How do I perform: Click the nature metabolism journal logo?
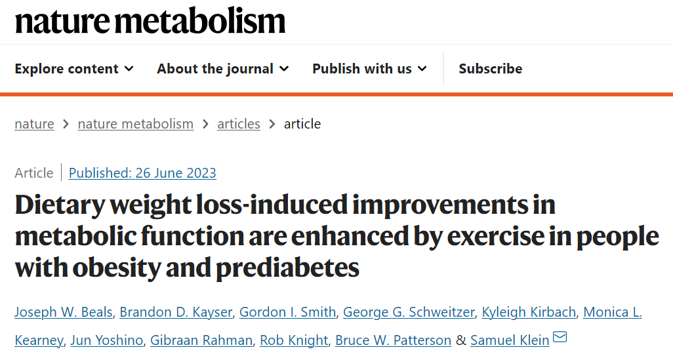pyautogui.click(x=150, y=21)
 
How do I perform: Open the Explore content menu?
pyautogui.click(x=73, y=69)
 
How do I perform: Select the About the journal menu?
pyautogui.click(x=222, y=69)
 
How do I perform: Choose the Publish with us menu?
pyautogui.click(x=369, y=69)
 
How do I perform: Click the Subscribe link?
pyautogui.click(x=490, y=69)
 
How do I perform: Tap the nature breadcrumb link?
pyautogui.click(x=34, y=124)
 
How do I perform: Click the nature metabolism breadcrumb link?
pyautogui.click(x=135, y=124)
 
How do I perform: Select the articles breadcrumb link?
pyautogui.click(x=239, y=124)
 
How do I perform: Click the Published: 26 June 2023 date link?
pyautogui.click(x=142, y=173)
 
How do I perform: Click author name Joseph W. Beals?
pyautogui.click(x=63, y=312)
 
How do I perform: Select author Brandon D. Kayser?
pyautogui.click(x=176, y=312)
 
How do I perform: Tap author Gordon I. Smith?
pyautogui.click(x=287, y=312)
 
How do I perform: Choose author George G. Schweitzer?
pyautogui.click(x=409, y=312)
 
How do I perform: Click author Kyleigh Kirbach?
pyautogui.click(x=529, y=312)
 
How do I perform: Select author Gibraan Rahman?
pyautogui.click(x=201, y=340)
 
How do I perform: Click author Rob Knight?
pyautogui.click(x=293, y=340)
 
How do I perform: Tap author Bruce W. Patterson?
pyautogui.click(x=393, y=340)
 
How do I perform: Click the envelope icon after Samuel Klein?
pyautogui.click(x=560, y=338)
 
